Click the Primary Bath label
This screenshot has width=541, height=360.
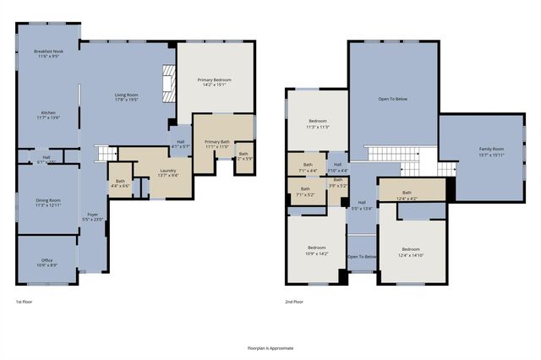(217, 144)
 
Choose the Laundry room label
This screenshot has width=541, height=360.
(167, 172)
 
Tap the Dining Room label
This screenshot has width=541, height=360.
(48, 203)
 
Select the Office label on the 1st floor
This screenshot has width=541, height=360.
(47, 263)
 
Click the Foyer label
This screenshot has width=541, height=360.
(93, 217)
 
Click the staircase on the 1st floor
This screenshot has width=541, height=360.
(105, 153)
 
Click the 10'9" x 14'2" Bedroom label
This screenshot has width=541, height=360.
(315, 250)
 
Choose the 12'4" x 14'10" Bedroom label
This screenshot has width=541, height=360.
(411, 251)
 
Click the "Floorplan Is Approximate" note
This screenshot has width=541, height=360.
(270, 347)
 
